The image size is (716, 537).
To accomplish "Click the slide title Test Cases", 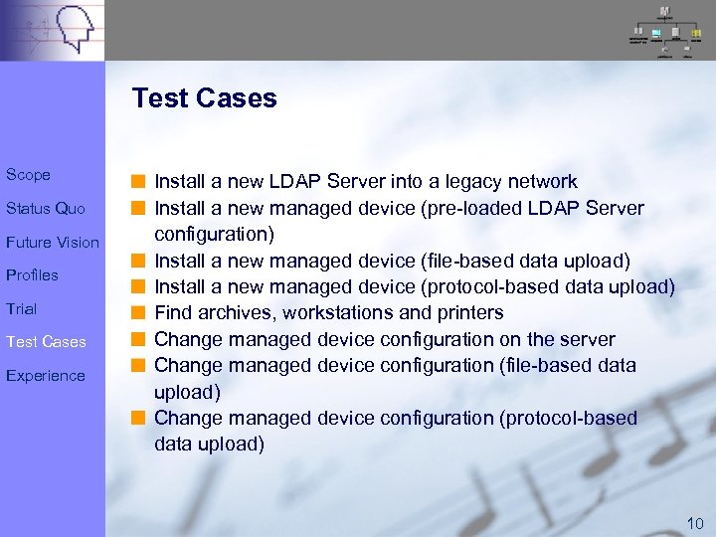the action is [x=204, y=98].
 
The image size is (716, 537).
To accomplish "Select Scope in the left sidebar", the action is [x=28, y=175].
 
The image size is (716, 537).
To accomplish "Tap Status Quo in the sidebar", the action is [x=46, y=209].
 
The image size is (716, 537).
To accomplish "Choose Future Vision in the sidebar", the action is [x=53, y=243].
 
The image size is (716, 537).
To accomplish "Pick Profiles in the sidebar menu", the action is [x=32, y=275].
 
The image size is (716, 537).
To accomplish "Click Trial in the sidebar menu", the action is [x=21, y=309].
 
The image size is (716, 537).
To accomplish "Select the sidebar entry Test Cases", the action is [x=46, y=342].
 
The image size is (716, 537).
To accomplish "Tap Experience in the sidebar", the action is [x=45, y=376].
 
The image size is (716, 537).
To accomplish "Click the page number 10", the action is [x=695, y=523].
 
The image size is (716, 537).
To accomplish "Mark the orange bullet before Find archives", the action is [x=142, y=313].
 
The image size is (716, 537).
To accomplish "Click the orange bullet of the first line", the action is [x=142, y=182].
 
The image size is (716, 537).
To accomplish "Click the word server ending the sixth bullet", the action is [x=589, y=340].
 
